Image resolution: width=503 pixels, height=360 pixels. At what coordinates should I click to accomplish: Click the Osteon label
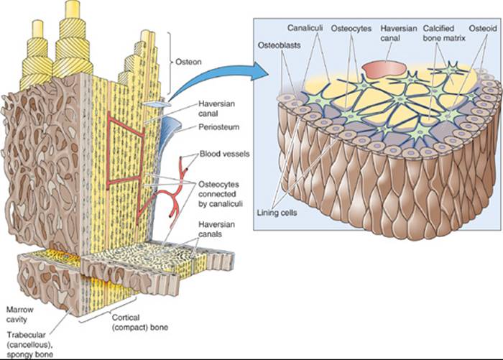click(188, 62)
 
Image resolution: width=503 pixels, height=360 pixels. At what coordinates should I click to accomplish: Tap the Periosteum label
click(218, 127)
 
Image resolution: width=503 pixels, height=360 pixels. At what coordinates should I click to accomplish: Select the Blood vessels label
click(224, 154)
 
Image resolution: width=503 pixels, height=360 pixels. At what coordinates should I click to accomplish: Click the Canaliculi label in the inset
click(305, 28)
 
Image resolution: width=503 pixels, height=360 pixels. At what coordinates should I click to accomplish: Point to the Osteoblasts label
click(279, 45)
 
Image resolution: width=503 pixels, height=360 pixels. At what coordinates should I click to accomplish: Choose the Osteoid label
click(483, 28)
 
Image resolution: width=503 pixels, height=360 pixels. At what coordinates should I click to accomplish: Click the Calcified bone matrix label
click(443, 33)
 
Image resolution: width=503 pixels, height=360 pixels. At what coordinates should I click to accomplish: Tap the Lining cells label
click(277, 213)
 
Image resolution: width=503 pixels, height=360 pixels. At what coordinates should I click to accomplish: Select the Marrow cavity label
click(19, 315)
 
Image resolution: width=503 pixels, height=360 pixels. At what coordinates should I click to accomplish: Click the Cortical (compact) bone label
click(140, 323)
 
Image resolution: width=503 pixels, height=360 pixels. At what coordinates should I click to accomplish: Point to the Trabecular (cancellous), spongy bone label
click(30, 345)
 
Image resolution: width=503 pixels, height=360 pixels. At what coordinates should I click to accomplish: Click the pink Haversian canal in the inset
click(384, 70)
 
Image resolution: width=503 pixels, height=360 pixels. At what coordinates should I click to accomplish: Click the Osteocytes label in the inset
click(351, 28)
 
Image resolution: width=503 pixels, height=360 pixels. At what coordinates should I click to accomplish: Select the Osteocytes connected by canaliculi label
click(220, 194)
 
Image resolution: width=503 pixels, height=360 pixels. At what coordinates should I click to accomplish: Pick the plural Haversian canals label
click(216, 229)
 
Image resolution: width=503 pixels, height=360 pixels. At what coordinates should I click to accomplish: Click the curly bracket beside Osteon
click(170, 62)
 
